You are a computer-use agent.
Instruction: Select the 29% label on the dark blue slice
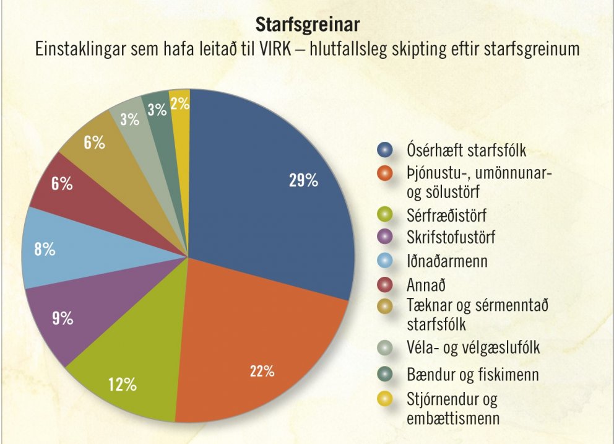(x=303, y=181)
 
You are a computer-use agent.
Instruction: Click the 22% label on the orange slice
(x=262, y=372)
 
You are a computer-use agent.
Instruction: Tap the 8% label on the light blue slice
(x=45, y=250)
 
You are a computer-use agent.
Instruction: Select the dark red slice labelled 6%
(x=62, y=186)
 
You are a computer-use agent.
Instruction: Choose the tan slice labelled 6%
(x=93, y=144)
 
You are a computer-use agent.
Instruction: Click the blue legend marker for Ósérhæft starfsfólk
(x=386, y=150)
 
